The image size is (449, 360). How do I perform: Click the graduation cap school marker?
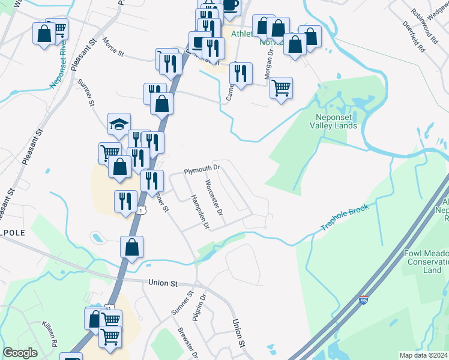[119, 125]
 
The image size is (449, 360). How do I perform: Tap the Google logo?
[20, 353]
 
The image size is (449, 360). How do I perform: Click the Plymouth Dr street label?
[199, 171]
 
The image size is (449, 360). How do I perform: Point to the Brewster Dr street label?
[185, 341]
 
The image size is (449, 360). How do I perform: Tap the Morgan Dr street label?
[270, 59]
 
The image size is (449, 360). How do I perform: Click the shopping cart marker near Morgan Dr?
[281, 88]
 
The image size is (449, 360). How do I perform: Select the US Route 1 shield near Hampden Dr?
[140, 209]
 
